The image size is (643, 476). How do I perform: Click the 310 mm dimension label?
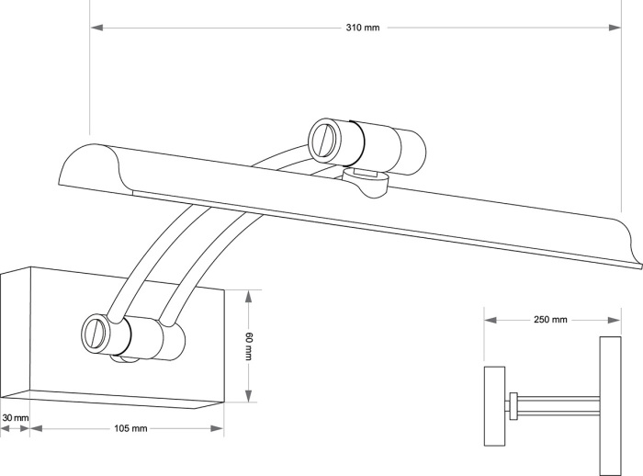pos(363,28)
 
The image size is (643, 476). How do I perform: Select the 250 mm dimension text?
pos(550,320)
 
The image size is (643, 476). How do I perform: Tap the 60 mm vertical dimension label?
pos(248,346)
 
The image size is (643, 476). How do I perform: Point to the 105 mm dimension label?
pos(131,429)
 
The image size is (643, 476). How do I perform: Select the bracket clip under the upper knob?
pos(367,181)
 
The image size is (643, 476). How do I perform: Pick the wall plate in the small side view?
pos(495,405)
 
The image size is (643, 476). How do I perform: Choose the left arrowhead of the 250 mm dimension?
pos(490,320)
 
